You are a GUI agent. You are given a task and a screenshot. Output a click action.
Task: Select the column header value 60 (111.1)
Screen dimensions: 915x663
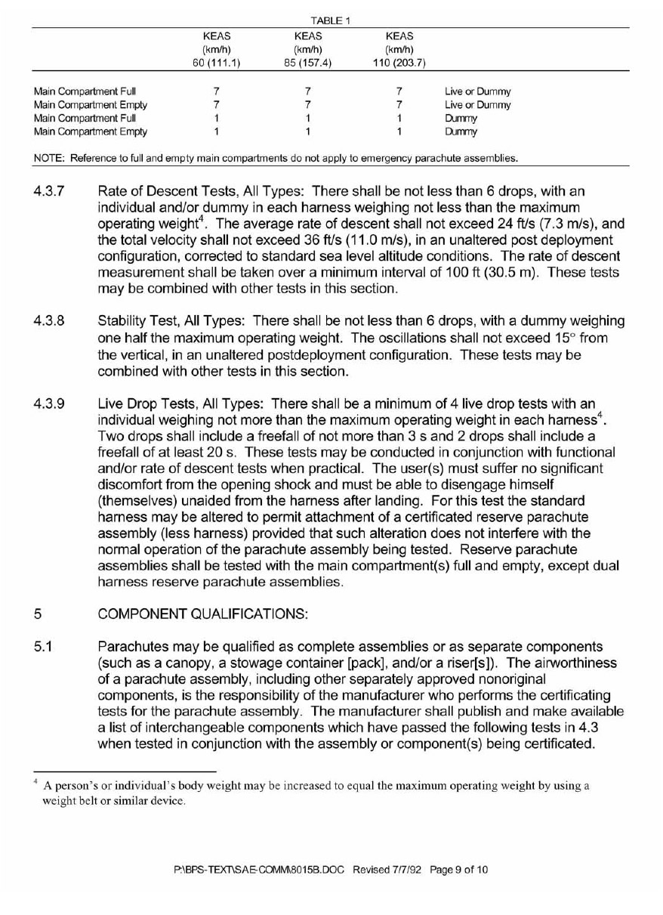tap(216, 62)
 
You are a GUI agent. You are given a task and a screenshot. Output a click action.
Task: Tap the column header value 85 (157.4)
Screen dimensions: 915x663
tap(307, 62)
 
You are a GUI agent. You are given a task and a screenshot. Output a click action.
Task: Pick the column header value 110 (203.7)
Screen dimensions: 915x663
tap(399, 62)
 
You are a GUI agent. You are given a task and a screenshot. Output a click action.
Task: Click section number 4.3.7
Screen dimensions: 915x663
tap(50, 192)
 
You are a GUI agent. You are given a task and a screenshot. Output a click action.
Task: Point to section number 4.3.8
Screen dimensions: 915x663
tap(50, 322)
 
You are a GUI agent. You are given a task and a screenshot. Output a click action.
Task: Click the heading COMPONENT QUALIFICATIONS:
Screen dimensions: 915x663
tap(203, 614)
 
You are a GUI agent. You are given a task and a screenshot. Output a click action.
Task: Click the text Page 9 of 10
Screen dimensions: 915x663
tap(459, 870)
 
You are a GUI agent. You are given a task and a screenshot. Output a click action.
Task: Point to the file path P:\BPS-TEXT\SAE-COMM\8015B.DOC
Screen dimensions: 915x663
tap(259, 870)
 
